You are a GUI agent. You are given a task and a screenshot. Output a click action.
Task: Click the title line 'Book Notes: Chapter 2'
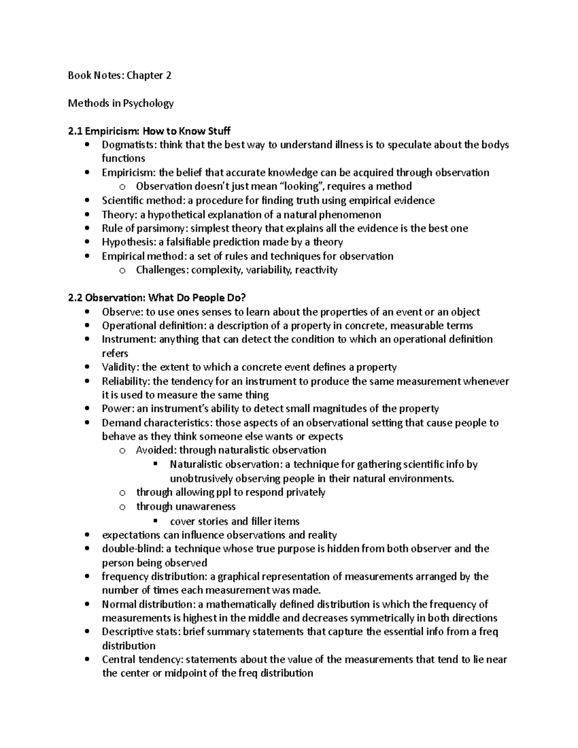119,75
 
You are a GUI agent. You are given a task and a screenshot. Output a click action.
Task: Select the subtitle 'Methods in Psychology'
120,103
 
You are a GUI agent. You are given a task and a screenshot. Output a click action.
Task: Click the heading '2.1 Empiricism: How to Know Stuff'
149,131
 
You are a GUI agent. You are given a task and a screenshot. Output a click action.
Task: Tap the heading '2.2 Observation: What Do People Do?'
157,298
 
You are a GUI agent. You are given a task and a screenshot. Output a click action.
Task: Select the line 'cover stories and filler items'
235,521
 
